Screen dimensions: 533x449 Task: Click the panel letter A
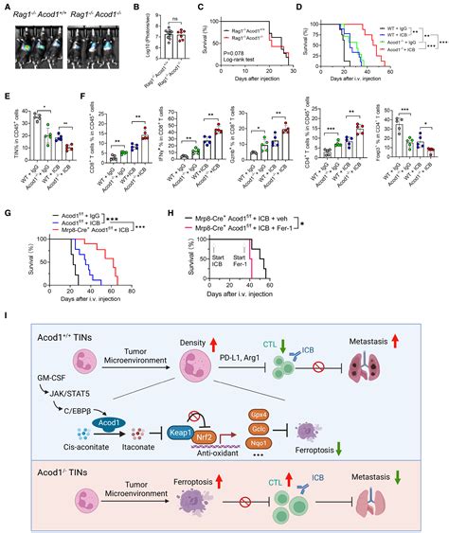pyautogui.click(x=6, y=7)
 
